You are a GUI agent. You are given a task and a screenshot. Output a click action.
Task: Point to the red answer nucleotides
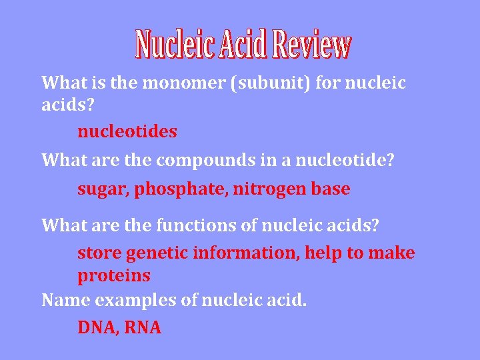127,131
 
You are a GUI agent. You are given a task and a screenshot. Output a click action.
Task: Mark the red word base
330,189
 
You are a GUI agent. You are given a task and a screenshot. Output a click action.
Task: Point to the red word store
97,253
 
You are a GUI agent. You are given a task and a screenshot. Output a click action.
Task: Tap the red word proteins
114,275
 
